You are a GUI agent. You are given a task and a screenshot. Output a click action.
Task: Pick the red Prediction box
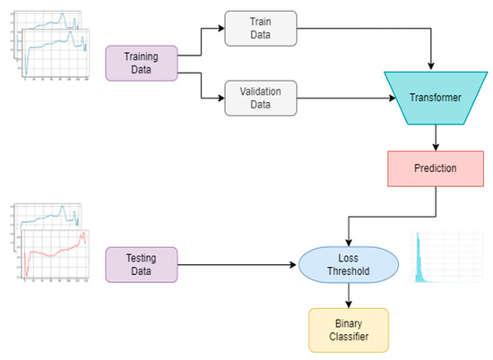(436, 168)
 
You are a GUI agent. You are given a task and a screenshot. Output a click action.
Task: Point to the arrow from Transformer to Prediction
(436, 136)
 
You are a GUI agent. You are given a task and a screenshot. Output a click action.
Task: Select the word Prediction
(436, 168)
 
